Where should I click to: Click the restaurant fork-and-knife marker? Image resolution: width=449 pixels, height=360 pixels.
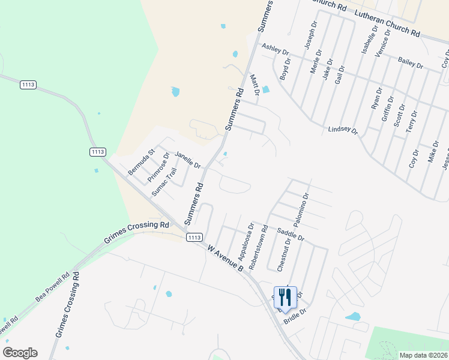[x=285, y=297]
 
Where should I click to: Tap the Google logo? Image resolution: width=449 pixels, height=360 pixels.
[x=20, y=353]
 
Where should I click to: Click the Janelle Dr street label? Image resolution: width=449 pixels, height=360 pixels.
[x=187, y=160]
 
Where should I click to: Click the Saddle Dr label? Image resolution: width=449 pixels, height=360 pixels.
[x=291, y=235]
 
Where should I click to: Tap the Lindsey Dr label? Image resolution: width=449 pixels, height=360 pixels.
[x=342, y=130]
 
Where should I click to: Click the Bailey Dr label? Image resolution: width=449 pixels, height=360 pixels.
[x=411, y=62]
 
